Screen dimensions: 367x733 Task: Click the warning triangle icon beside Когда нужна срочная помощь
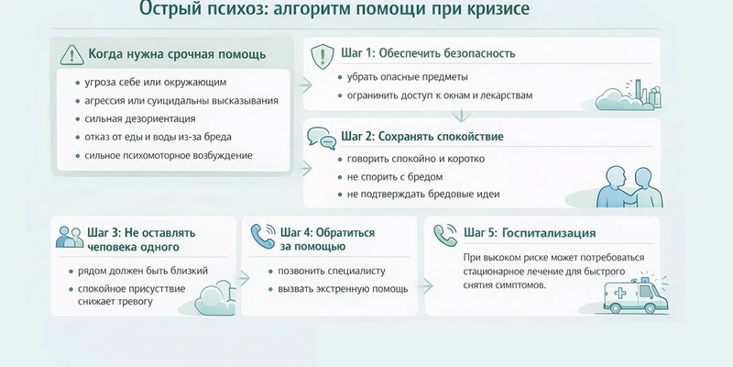click(71, 54)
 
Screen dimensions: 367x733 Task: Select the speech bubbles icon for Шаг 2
click(322, 137)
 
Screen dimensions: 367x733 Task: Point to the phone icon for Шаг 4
click(262, 238)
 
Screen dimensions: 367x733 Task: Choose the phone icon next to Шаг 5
click(446, 232)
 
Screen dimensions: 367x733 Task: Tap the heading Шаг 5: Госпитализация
click(530, 232)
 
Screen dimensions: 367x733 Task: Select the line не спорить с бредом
click(394, 176)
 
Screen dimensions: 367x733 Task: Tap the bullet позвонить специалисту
click(326, 272)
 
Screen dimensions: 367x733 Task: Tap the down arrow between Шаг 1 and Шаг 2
click(462, 116)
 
